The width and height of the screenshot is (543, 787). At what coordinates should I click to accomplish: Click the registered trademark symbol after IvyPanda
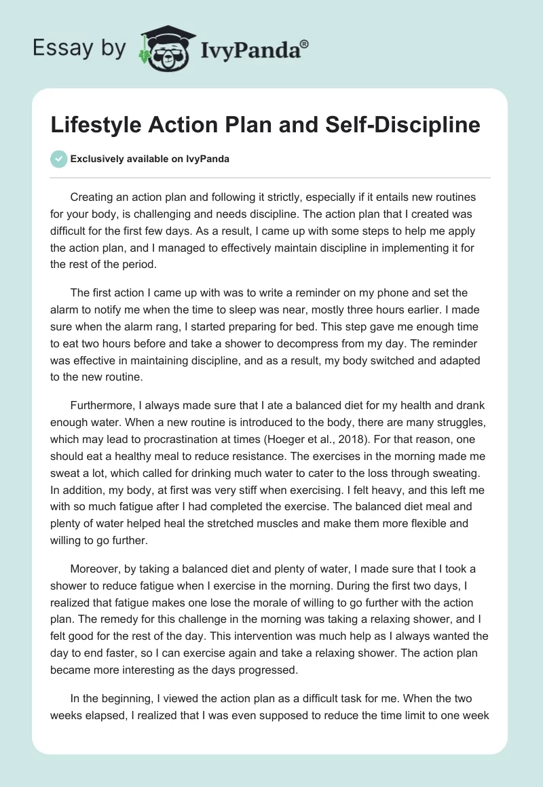click(305, 44)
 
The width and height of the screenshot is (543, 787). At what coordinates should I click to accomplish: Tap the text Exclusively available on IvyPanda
click(149, 159)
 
